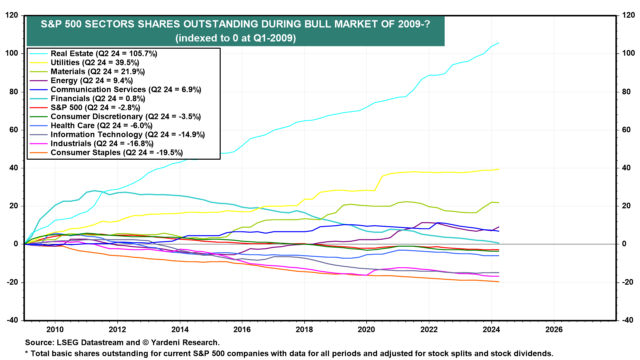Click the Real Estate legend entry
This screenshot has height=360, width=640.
coord(104,54)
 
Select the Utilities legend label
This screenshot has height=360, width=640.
coord(95,63)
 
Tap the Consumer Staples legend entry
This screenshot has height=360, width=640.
coord(117,153)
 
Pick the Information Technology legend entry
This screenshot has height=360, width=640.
coord(127,135)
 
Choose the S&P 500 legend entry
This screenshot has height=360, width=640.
coord(95,108)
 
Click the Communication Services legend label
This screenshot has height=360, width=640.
coord(126,90)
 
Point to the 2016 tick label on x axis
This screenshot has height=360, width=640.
coord(242,330)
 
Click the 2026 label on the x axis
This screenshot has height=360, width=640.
coord(554,330)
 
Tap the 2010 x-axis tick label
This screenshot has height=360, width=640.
coord(55,330)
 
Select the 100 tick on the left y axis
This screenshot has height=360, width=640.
coord(13,53)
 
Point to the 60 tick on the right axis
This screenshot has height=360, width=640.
coord(627,130)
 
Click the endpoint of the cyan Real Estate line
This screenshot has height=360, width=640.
coord(499,43)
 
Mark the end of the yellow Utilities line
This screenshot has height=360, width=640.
coord(499,169)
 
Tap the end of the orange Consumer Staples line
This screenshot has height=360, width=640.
coord(499,282)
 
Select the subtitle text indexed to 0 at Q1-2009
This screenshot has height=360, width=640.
coord(235,38)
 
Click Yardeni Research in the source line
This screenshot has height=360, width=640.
coord(185,342)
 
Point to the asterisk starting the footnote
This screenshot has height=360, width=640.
coord(27,353)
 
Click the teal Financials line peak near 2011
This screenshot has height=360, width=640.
coord(94,191)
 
